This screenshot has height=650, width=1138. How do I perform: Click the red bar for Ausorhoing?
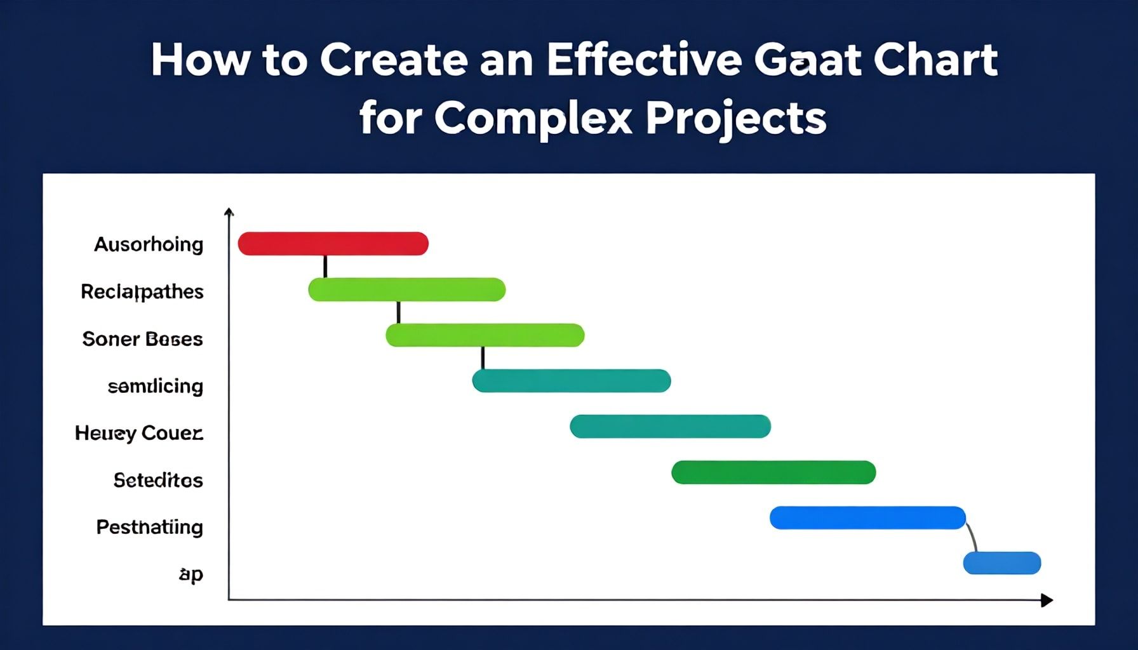333,244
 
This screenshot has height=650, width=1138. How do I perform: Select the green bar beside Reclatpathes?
406,289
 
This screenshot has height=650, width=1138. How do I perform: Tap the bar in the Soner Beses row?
485,335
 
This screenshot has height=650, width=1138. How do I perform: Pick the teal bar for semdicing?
571,381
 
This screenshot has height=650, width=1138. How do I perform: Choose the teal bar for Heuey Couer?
670,427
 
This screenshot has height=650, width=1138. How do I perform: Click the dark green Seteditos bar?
773,472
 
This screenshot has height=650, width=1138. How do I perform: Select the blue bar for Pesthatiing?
867,518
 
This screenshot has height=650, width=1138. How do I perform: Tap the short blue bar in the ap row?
1002,563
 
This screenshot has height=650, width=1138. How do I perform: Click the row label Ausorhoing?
149,244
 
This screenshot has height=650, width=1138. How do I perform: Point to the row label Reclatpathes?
142,291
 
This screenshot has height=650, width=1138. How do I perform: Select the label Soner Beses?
142,339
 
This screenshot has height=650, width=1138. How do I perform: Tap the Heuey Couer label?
139,433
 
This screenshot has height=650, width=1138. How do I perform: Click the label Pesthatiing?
149,527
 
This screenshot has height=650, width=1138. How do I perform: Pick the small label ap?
191,574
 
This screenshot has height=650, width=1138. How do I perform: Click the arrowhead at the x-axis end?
1047,600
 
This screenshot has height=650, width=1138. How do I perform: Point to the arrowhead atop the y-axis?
229,212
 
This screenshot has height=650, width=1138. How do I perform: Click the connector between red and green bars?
325,266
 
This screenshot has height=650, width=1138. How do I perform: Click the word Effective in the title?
643,60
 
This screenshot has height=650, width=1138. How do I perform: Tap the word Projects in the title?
736,118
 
